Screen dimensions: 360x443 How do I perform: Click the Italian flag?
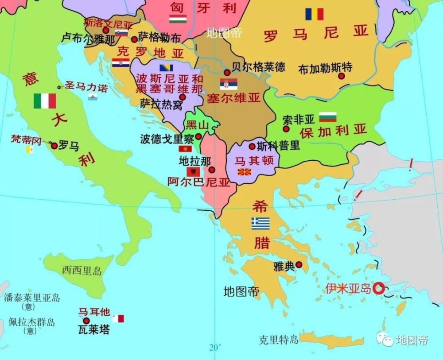[45, 101]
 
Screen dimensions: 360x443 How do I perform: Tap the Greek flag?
[260, 224]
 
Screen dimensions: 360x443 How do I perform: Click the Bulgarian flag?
[328, 117]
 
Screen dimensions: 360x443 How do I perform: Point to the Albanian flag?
[193, 172]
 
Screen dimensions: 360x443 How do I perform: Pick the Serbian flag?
[228, 84]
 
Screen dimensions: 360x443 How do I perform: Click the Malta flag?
[118, 318]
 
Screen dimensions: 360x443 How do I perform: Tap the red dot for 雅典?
[299, 265]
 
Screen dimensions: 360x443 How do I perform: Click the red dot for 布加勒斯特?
[342, 76]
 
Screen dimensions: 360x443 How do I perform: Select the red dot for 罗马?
[54, 146]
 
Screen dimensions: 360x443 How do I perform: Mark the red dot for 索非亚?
[286, 129]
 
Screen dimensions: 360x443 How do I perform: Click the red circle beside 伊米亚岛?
[378, 289]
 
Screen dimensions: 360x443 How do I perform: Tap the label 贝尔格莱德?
[258, 67]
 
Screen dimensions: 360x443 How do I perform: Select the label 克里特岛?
[279, 340]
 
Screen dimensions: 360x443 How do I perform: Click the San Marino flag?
[93, 97]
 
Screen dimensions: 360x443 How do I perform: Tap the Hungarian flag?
[178, 19]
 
